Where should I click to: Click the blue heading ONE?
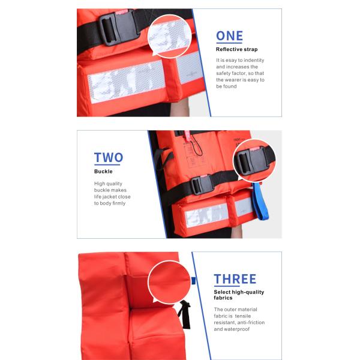pyautogui.click(x=229, y=36)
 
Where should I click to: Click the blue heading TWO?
pyautogui.click(x=109, y=157)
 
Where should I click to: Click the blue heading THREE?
pyautogui.click(x=235, y=279)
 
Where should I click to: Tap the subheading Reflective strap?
pyautogui.click(x=237, y=49)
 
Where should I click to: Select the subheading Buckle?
pyautogui.click(x=103, y=171)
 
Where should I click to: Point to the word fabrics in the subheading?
pyautogui.click(x=223, y=298)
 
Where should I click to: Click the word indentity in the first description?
pyautogui.click(x=254, y=60)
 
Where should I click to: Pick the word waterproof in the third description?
pyautogui.click(x=238, y=329)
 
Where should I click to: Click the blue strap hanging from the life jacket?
pyautogui.click(x=260, y=201)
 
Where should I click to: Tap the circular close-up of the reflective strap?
pyautogui.click(x=169, y=36)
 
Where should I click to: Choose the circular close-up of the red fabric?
pyautogui.click(x=169, y=282)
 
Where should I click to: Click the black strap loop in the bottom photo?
pyautogui.click(x=185, y=314)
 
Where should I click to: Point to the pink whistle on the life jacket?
pyautogui.click(x=188, y=137)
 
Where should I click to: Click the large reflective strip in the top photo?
pyautogui.click(x=126, y=82)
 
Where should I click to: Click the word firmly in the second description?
pyautogui.click(x=119, y=203)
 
